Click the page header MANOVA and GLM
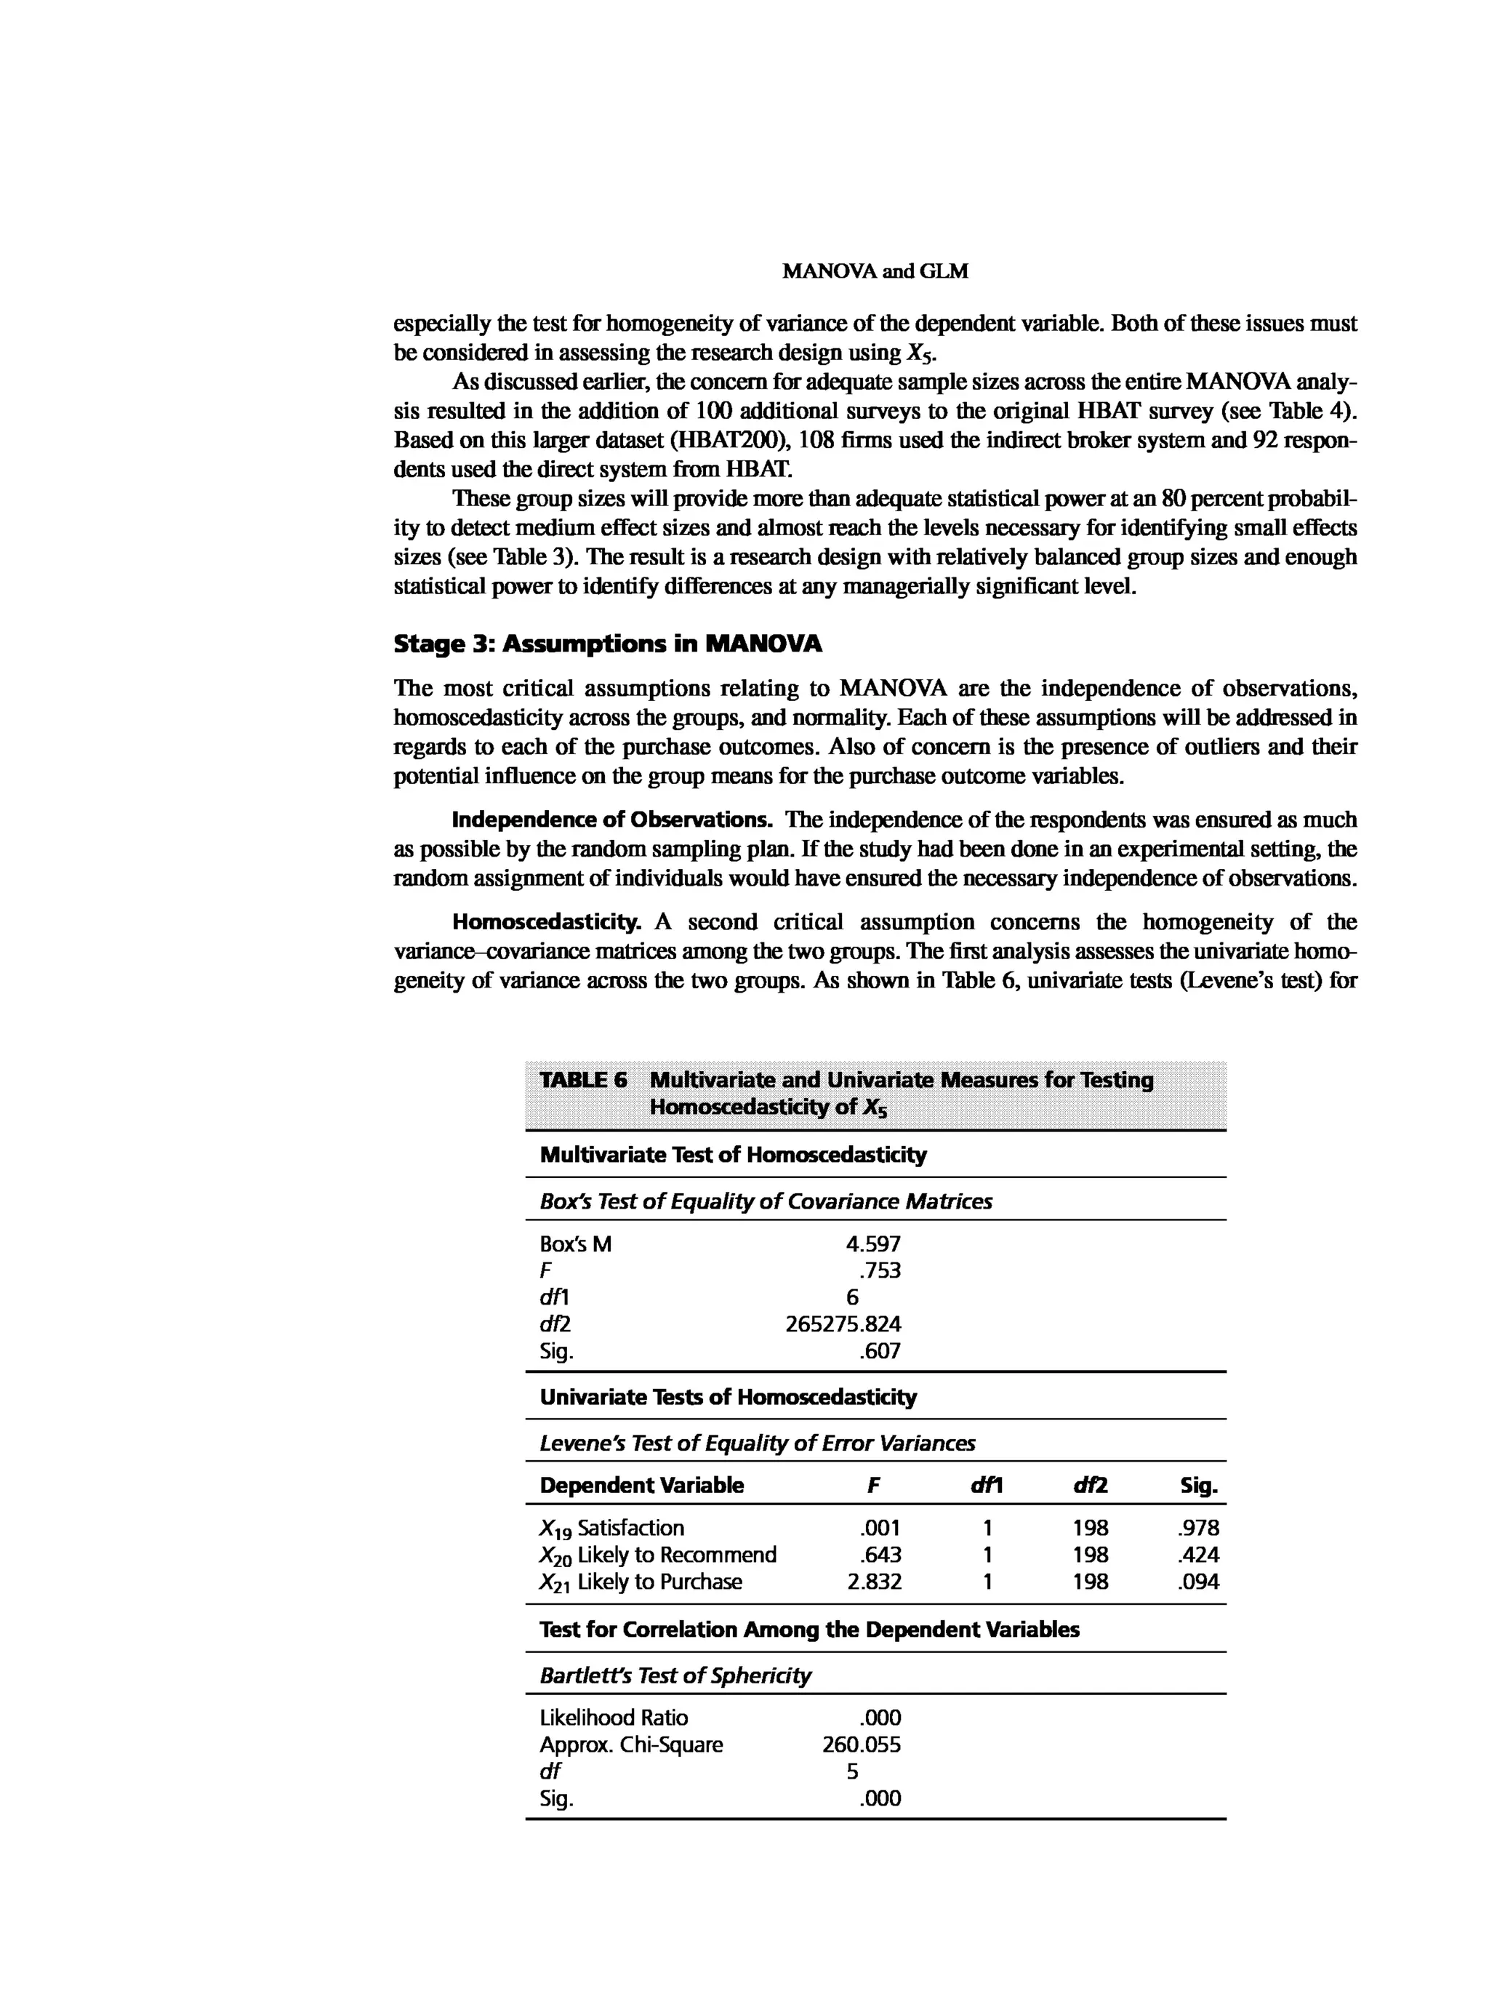pyautogui.click(x=875, y=271)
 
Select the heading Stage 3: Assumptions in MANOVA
pyautogui.click(x=608, y=644)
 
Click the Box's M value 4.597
pyautogui.click(x=872, y=1244)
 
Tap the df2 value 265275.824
pyautogui.click(x=843, y=1323)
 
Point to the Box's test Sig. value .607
pyautogui.click(x=880, y=1350)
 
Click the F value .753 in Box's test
pyautogui.click(x=880, y=1270)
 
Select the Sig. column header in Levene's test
pyautogui.click(x=1199, y=1486)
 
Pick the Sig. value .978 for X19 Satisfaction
pyautogui.click(x=1198, y=1528)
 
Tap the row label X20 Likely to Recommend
pyautogui.click(x=657, y=1555)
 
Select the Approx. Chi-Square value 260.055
pyautogui.click(x=861, y=1744)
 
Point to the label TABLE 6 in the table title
pyautogui.click(x=582, y=1080)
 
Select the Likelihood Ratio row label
pyautogui.click(x=613, y=1718)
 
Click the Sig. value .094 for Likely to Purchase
pyautogui.click(x=1198, y=1582)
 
